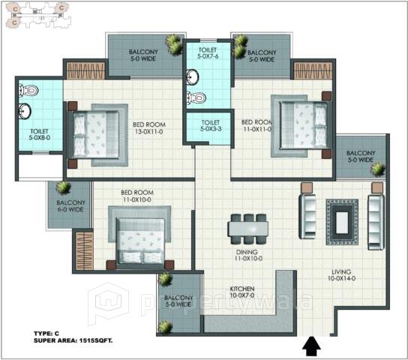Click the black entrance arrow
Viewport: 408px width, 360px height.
[312, 346]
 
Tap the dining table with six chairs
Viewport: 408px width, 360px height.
[248, 226]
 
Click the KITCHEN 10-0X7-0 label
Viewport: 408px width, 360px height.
[241, 292]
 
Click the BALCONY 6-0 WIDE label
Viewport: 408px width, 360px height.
[70, 207]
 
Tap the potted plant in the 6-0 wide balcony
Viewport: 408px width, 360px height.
[63, 187]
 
